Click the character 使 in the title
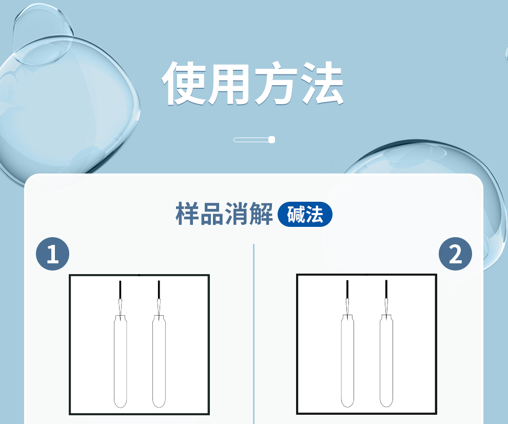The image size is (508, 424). pyautogui.click(x=184, y=83)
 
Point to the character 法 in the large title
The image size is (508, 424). pyautogui.click(x=322, y=83)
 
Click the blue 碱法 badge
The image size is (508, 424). pyautogui.click(x=305, y=214)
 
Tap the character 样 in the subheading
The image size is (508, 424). pyautogui.click(x=187, y=214)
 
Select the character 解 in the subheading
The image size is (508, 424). pyautogui.click(x=261, y=214)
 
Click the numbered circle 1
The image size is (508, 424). pyautogui.click(x=52, y=254)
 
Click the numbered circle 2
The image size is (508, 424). pyautogui.click(x=455, y=254)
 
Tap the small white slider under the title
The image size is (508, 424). pyautogui.click(x=255, y=140)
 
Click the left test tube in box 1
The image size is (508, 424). pyautogui.click(x=120, y=361)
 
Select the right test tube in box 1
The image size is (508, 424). pyautogui.click(x=159, y=361)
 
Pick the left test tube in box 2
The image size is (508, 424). pyautogui.click(x=347, y=361)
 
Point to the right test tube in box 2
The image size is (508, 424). pyautogui.click(x=386, y=361)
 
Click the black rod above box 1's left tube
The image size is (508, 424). pyautogui.click(x=120, y=290)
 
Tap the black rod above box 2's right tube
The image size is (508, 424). pyautogui.click(x=386, y=289)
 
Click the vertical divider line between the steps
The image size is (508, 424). pyautogui.click(x=253, y=334)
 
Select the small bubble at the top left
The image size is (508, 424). pyautogui.click(x=44, y=34)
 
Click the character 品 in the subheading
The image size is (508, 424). pyautogui.click(x=212, y=214)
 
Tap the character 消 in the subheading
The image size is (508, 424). pyautogui.click(x=237, y=214)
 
